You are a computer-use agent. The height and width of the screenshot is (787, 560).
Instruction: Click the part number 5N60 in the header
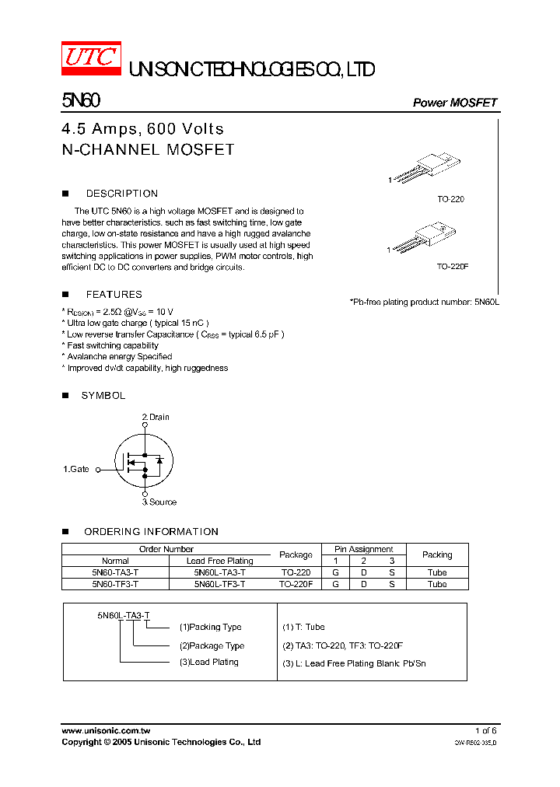(x=80, y=101)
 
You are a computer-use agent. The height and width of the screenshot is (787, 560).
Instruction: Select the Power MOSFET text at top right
(x=454, y=103)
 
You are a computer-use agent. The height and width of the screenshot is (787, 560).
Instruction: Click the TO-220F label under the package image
(x=452, y=266)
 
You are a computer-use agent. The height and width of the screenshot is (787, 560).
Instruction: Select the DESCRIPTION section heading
(x=121, y=194)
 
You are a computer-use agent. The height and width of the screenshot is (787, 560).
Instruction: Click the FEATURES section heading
(x=114, y=295)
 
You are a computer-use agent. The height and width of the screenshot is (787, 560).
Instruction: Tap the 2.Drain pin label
(x=156, y=418)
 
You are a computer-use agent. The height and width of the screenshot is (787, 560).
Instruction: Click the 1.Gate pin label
(x=76, y=469)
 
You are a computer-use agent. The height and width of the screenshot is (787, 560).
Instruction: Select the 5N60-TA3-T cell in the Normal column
(x=115, y=572)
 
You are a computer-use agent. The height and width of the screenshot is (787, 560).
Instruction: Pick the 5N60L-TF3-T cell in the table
(x=219, y=583)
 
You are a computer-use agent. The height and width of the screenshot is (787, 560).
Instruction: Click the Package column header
(x=296, y=554)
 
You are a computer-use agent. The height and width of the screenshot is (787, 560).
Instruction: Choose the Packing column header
(x=437, y=554)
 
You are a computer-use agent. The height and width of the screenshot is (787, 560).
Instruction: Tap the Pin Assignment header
(x=364, y=549)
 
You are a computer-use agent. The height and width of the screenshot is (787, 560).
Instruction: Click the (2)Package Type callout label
(x=212, y=645)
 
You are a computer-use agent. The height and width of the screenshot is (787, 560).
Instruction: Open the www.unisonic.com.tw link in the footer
(x=106, y=731)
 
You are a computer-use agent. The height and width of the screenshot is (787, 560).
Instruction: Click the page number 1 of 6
(x=485, y=731)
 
